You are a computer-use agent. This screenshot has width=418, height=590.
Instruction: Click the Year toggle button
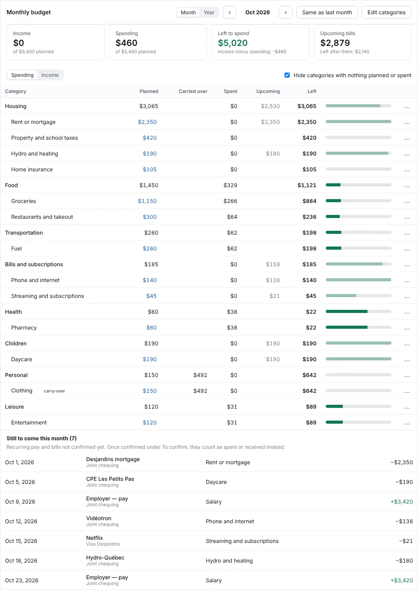click(x=209, y=12)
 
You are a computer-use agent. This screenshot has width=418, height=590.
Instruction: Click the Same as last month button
click(x=327, y=12)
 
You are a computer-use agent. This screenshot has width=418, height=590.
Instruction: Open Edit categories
click(x=386, y=12)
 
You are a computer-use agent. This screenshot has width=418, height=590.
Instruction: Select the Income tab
click(x=50, y=75)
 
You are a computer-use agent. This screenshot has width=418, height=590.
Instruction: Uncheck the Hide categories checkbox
click(x=287, y=75)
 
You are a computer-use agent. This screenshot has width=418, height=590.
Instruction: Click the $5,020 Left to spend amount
click(x=233, y=43)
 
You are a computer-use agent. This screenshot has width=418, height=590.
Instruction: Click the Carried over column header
click(x=193, y=91)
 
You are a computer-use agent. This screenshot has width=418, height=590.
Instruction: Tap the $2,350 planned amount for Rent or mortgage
click(x=147, y=122)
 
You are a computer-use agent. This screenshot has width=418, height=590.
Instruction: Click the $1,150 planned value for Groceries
click(x=147, y=201)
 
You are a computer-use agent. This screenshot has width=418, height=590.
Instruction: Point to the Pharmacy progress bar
click(x=358, y=327)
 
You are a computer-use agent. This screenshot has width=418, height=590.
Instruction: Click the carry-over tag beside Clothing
click(x=54, y=391)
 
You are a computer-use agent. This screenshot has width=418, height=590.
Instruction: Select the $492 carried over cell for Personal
click(x=200, y=375)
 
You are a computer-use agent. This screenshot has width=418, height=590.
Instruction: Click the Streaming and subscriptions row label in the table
click(x=47, y=296)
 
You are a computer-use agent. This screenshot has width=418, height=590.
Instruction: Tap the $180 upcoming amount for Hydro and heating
click(x=273, y=154)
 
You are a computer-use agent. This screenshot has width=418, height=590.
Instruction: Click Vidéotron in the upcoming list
click(x=99, y=518)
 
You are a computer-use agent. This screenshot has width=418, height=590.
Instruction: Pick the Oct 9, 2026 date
click(x=20, y=502)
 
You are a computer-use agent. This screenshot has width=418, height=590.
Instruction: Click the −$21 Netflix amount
click(x=406, y=541)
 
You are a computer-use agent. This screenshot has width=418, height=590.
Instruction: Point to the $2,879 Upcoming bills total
click(x=335, y=43)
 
